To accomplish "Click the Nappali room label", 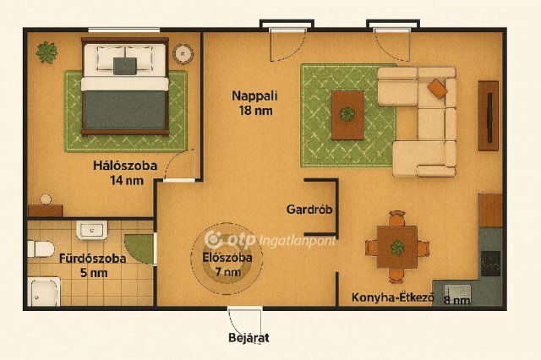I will pos(254,102).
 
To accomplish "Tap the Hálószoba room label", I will pos(124,172).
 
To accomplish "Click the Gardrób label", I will pos(308,210).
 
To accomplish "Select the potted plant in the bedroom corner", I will pos(46,52).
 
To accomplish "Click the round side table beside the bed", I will pos(183,52).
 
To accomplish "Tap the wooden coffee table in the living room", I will pos(347,114).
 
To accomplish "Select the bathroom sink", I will pos(91,230).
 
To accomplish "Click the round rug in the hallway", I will pos(221,255).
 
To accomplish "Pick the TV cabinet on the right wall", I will pos(488,115).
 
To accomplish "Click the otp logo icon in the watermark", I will pos(214,240).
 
